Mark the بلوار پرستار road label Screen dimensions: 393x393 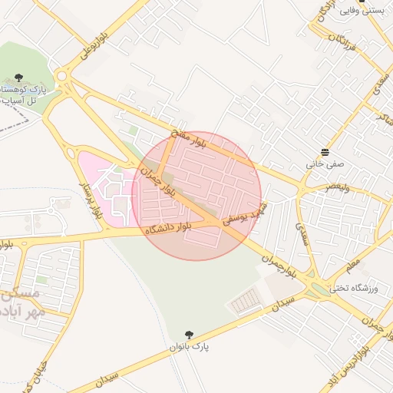click(91, 202)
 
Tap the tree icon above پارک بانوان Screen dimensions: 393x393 click(189, 334)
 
